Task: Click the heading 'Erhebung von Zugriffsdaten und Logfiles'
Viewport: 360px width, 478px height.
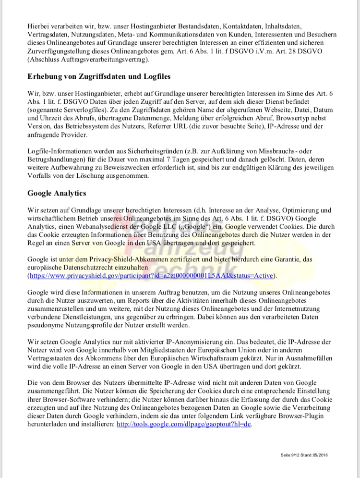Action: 99,76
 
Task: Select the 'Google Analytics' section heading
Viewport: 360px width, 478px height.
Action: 57,193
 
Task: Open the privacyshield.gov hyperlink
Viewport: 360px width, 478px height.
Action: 152,276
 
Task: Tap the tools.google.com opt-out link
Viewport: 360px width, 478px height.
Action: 184,424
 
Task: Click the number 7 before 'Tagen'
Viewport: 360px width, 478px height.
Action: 204,159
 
